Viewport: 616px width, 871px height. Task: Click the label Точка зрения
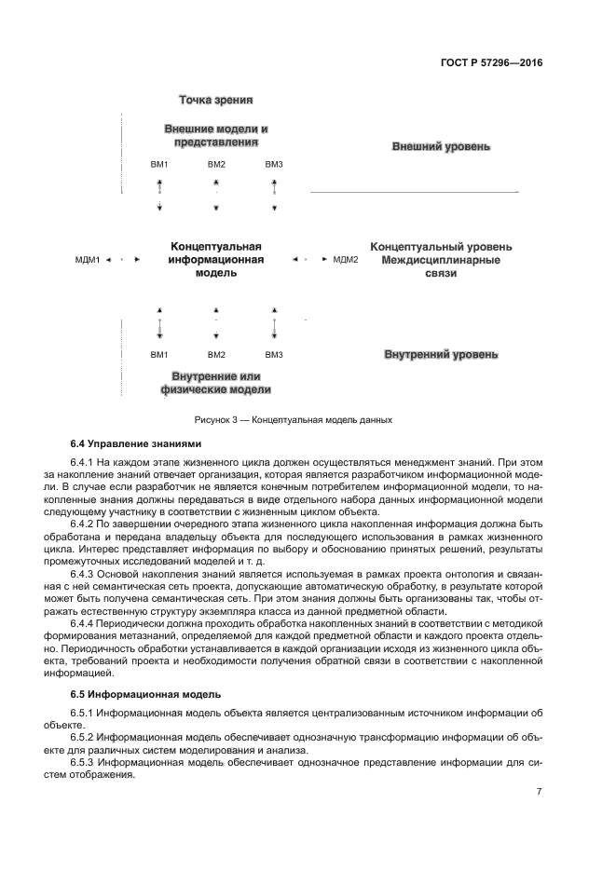pyautogui.click(x=216, y=100)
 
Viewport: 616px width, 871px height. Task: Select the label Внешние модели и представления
pyautogui.click(x=216, y=135)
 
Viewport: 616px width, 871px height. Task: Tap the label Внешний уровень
pyautogui.click(x=441, y=147)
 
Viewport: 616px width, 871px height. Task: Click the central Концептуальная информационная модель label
pyautogui.click(x=216, y=260)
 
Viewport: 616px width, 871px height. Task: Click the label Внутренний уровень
pyautogui.click(x=441, y=355)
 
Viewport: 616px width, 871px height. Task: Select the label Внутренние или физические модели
pyautogui.click(x=216, y=383)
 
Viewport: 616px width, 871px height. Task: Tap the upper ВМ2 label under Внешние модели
pyautogui.click(x=216, y=165)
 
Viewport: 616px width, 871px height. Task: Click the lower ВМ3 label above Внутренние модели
pyautogui.click(x=274, y=355)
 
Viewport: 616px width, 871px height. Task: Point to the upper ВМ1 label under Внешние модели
pyautogui.click(x=159, y=165)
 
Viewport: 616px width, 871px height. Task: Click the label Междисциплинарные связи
pyautogui.click(x=441, y=266)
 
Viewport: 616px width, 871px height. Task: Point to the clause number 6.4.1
pyautogui.click(x=86, y=463)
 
